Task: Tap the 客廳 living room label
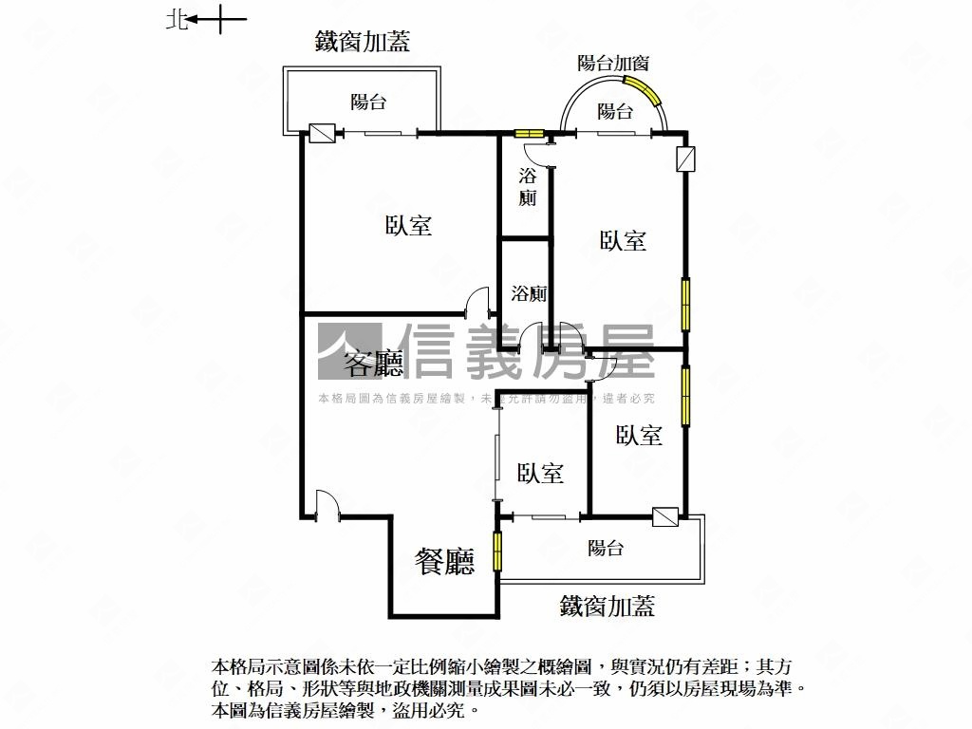(373, 364)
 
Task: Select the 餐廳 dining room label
(444, 562)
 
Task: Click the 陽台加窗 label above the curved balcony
(613, 63)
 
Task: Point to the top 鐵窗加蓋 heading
(362, 42)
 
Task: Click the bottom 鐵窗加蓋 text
(607, 606)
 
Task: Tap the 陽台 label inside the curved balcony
(614, 112)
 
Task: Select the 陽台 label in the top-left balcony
(368, 102)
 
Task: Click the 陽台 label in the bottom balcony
(606, 548)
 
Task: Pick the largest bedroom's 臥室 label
(408, 225)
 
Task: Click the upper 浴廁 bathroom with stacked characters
(528, 187)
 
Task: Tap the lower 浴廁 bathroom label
(529, 293)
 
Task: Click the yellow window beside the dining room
(497, 551)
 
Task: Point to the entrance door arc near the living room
(327, 502)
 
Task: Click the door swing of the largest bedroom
(478, 301)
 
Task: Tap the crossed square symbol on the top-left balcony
(322, 133)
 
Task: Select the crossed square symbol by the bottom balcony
(665, 517)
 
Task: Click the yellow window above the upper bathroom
(529, 133)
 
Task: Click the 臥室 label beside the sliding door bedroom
(540, 474)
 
